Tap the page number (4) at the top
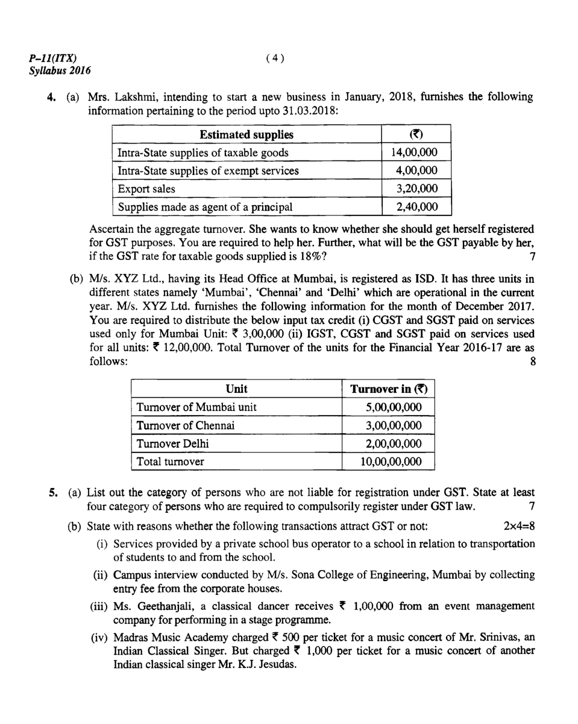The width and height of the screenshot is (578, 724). tap(274, 59)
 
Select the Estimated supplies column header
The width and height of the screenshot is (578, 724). tap(247, 135)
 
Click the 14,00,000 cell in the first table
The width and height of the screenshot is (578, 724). tap(416, 153)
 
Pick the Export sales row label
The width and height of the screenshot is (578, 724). tap(146, 189)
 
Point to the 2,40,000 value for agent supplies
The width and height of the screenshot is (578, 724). tap(416, 207)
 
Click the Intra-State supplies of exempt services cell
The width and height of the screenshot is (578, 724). tap(208, 171)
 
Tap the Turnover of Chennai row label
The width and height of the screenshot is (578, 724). tap(186, 425)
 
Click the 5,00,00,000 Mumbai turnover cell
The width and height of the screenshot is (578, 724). tap(389, 407)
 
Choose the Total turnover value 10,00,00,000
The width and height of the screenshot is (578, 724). tap(389, 462)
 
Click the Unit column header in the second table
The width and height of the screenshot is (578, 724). tap(236, 389)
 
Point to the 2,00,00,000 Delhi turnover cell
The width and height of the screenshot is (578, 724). tap(389, 443)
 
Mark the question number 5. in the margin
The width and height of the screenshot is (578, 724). tap(53, 493)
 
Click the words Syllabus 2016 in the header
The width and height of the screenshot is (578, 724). tap(60, 71)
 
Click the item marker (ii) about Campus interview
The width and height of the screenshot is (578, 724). tap(101, 574)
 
